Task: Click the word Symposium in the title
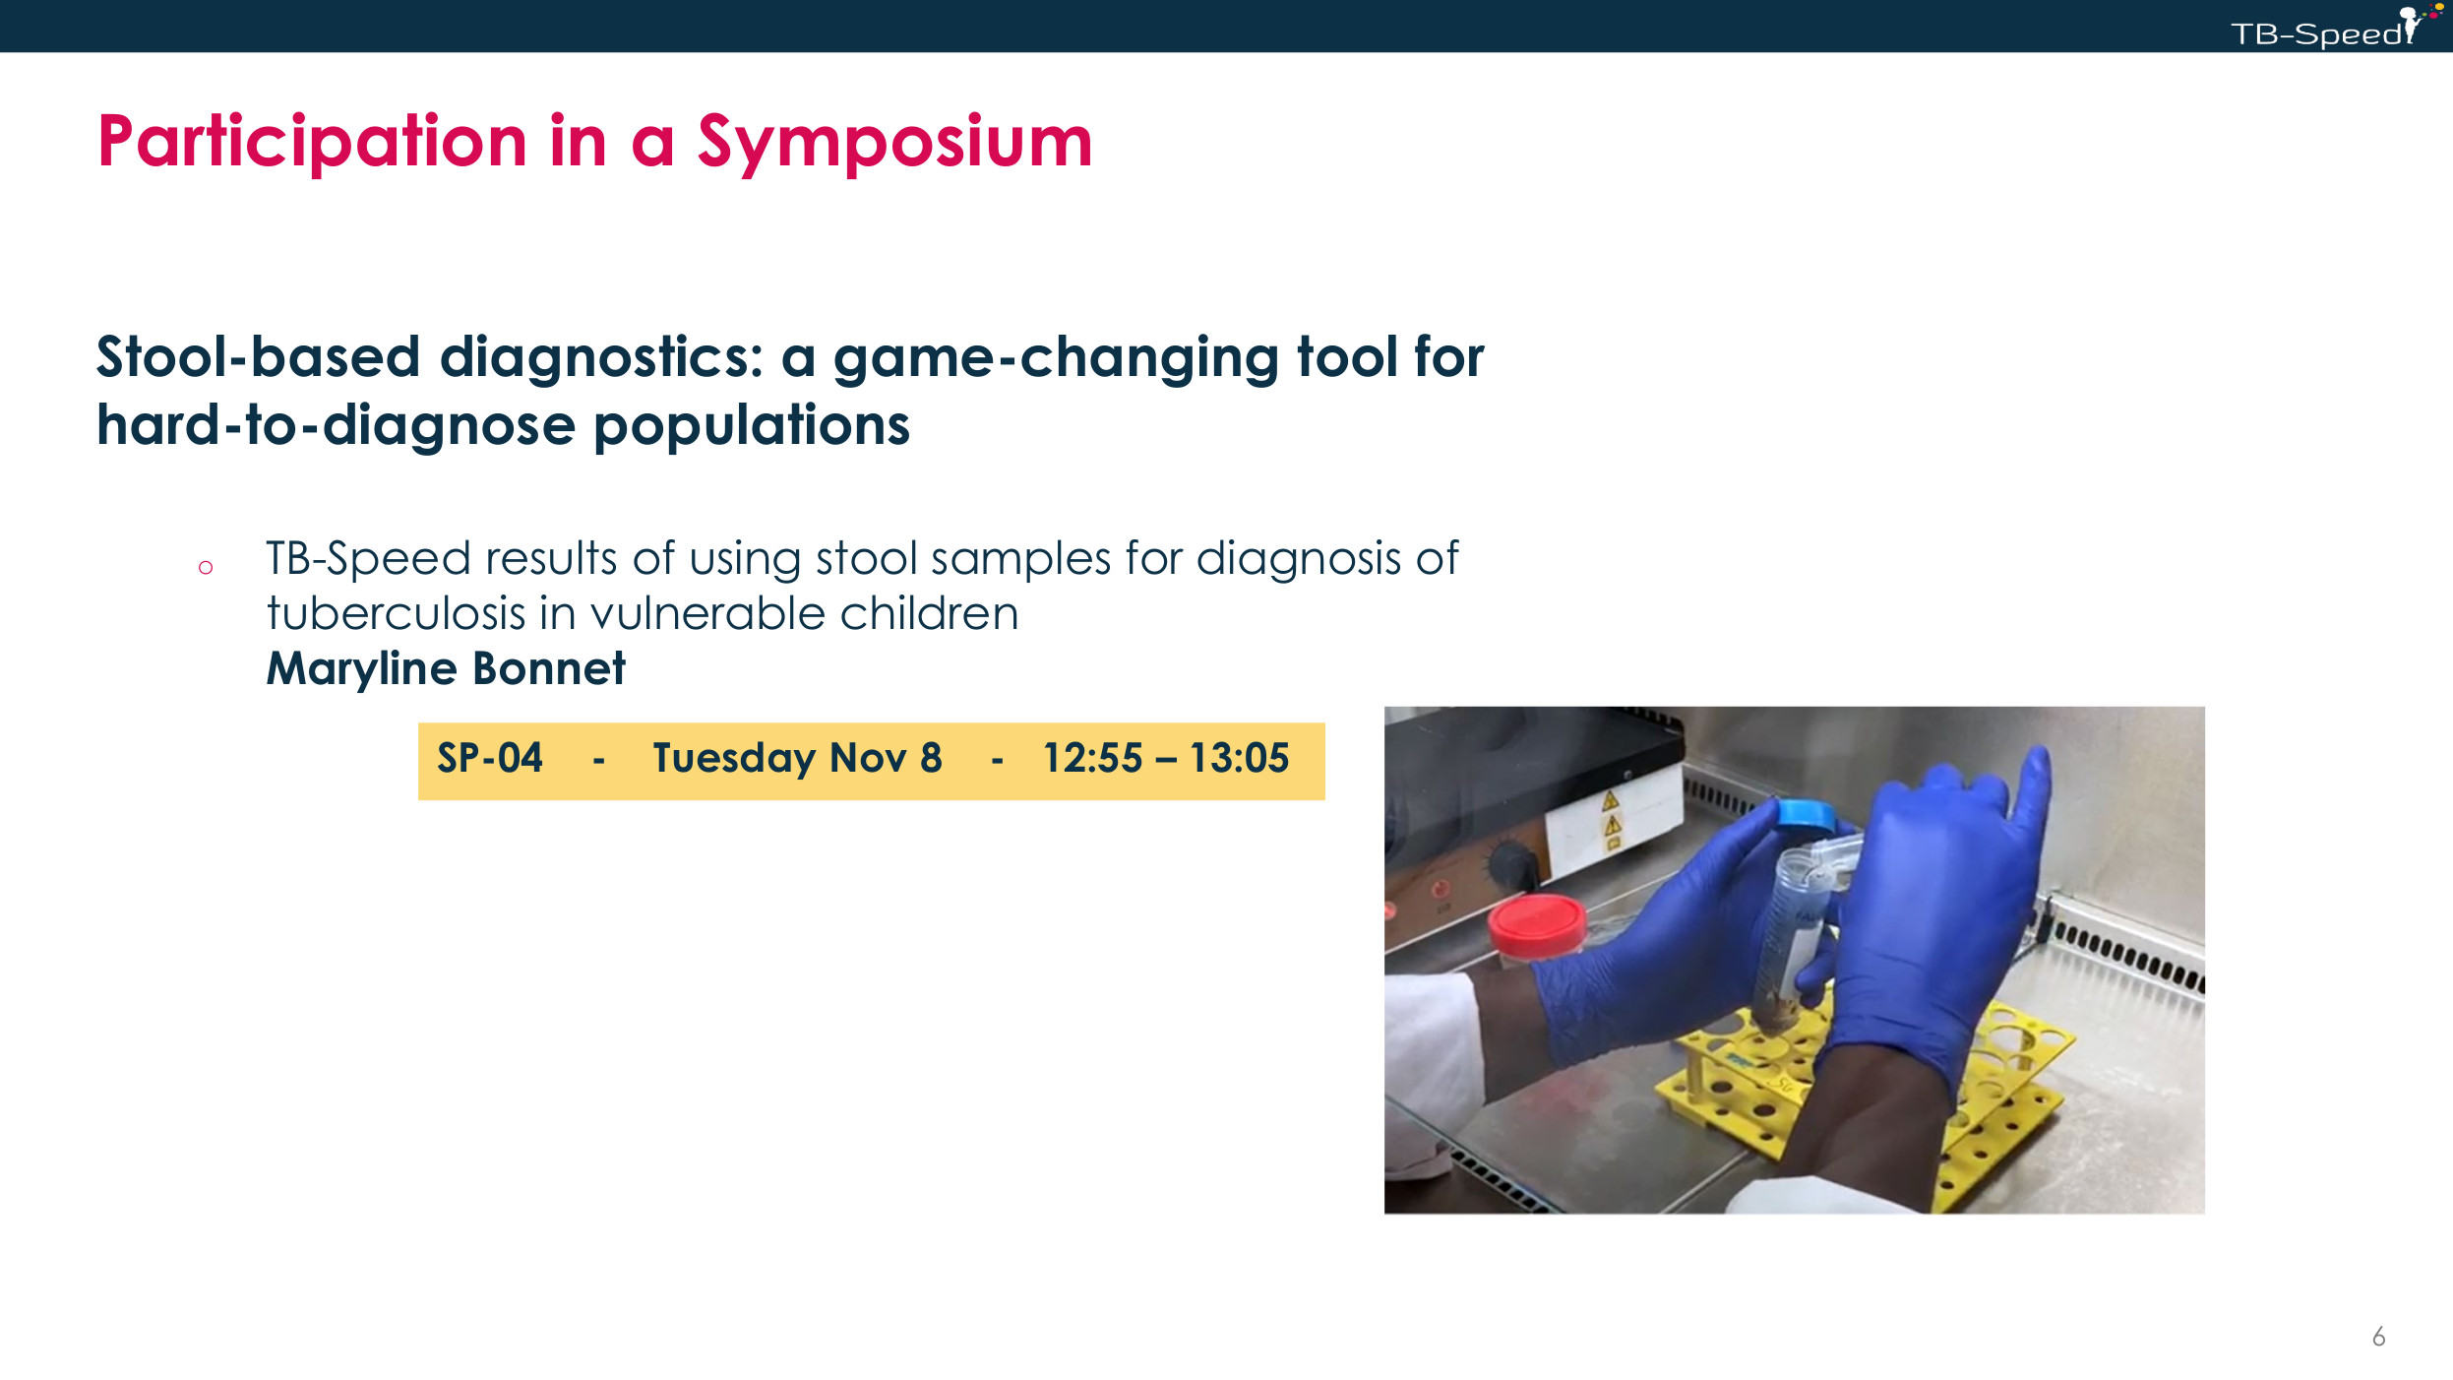coord(894,144)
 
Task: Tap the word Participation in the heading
coord(313,144)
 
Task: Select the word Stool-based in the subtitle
coord(258,356)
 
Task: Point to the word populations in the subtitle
coord(752,427)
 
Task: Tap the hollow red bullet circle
coord(206,567)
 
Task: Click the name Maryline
coord(362,670)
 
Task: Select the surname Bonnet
coord(549,668)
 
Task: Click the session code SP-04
coord(490,758)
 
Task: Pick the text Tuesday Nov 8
coord(798,759)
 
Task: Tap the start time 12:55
coord(1092,758)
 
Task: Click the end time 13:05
coord(1239,758)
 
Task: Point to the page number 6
coord(2378,1337)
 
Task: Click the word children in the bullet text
coord(929,613)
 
